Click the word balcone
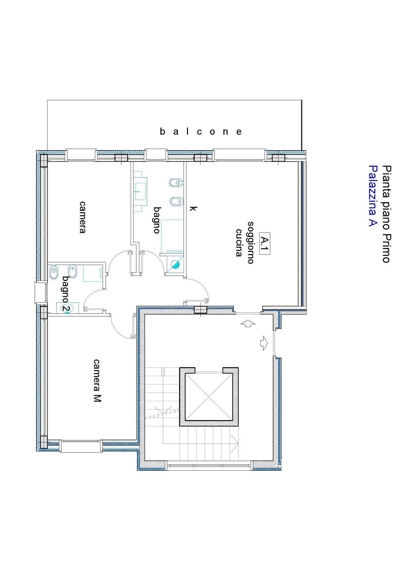(201, 132)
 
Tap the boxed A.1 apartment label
(265, 244)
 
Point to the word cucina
(239, 242)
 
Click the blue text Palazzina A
(373, 196)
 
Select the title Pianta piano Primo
(387, 214)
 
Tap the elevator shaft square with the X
(209, 397)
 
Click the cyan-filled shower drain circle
(175, 264)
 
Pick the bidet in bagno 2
(72, 271)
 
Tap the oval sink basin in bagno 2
(67, 308)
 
